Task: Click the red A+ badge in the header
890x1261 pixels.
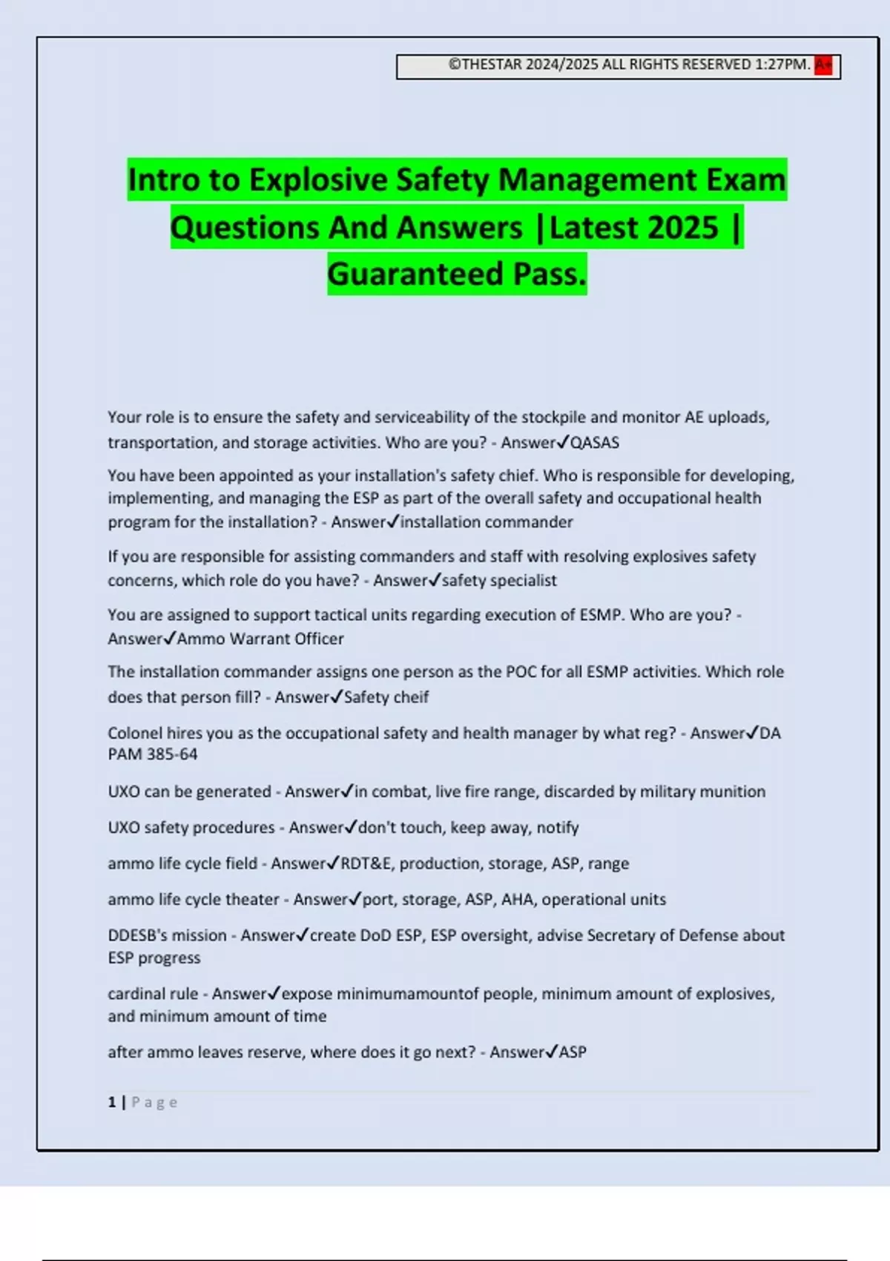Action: coord(823,65)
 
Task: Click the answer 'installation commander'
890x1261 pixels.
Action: coord(487,522)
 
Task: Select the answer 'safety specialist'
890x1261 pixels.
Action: coord(499,581)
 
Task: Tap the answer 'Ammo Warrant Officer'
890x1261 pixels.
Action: coord(260,639)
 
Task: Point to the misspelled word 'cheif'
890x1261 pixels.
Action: coord(412,697)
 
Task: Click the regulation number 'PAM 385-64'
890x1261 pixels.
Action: coord(153,754)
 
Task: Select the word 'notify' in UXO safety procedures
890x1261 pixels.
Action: coord(557,828)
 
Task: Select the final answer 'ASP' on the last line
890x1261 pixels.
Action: coord(573,1053)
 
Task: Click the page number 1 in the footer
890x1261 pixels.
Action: coord(112,1102)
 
